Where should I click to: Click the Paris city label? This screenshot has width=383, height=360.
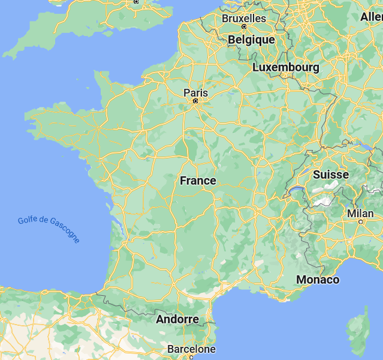click(x=195, y=92)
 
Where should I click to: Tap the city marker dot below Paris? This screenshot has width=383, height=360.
click(x=195, y=101)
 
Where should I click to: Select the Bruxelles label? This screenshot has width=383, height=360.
click(x=243, y=19)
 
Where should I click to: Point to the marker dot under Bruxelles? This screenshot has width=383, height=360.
click(x=244, y=27)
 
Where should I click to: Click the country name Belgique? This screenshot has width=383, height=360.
click(x=251, y=40)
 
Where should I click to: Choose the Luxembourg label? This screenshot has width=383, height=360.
click(x=285, y=67)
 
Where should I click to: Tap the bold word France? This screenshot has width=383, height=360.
click(x=198, y=180)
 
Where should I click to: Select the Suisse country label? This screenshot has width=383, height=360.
click(x=330, y=175)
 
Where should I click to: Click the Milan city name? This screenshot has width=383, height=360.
click(x=360, y=213)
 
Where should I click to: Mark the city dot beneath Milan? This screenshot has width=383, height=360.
click(x=361, y=221)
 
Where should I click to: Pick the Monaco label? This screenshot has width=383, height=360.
click(x=318, y=280)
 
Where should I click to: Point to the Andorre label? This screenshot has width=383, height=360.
click(x=177, y=319)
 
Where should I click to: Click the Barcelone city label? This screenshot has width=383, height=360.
click(x=191, y=349)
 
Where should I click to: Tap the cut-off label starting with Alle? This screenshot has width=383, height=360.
click(x=371, y=17)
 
